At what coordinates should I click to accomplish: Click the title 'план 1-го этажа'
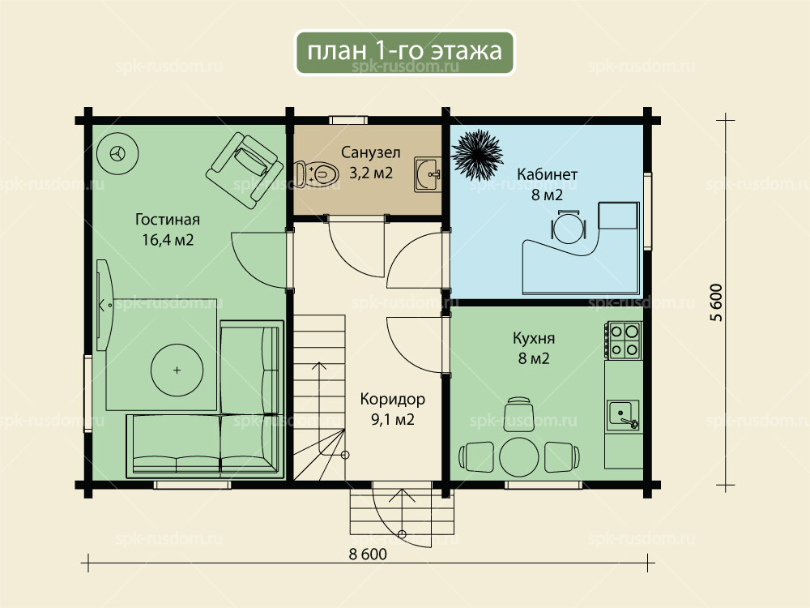coord(404,52)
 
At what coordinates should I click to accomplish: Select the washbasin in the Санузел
coord(427,175)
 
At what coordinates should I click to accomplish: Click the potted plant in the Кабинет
coord(477,154)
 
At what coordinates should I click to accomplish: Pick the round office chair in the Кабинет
coord(569,226)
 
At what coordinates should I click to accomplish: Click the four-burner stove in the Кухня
coord(625,340)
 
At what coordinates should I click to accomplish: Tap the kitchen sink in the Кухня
coord(624,415)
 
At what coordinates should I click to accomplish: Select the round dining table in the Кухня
coord(518,457)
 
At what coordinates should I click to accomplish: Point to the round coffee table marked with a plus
coord(177,370)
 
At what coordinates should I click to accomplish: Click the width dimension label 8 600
coord(368,554)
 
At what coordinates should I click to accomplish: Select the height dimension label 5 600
coord(717,302)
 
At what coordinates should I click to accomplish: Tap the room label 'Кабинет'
coord(547,174)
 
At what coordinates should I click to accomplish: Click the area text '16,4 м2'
coord(168,240)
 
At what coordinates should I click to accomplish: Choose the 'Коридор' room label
coord(393,399)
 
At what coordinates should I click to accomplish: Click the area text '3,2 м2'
coord(371,173)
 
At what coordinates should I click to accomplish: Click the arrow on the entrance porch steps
coord(402,512)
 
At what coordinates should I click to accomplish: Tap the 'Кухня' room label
coord(534,338)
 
